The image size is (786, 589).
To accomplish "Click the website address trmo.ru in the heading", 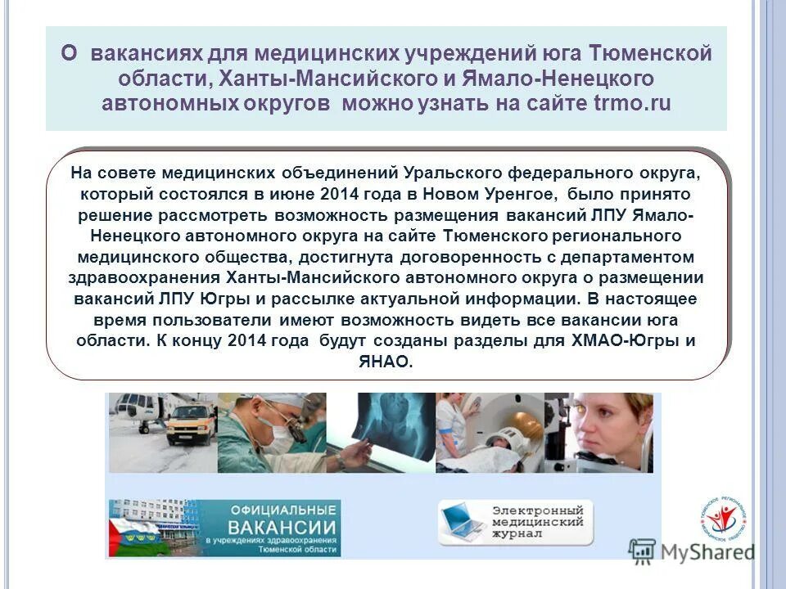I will coord(631,104).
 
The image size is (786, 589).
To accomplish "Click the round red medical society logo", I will coord(723,520).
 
